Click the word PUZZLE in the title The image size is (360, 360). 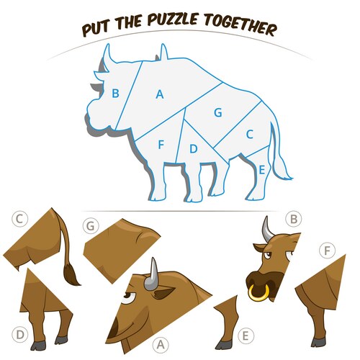pos(173,19)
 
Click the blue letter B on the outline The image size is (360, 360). pos(115,93)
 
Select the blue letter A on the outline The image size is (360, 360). pos(160,94)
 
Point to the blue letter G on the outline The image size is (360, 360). pos(218,112)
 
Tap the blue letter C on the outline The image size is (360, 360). pos(250,135)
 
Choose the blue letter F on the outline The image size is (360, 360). pos(161,145)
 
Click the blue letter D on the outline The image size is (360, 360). pos(194,149)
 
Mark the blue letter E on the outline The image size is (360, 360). pos(262,170)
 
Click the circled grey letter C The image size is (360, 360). pos(19,219)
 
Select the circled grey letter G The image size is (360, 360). pos(91,226)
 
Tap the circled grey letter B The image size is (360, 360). pos(294,219)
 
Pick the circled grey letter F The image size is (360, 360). pos(328,251)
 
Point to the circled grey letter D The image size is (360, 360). pos(20,334)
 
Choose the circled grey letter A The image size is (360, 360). pos(161,345)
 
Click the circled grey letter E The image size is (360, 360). pos(246,336)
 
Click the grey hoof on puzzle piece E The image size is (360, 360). pos(223,345)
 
